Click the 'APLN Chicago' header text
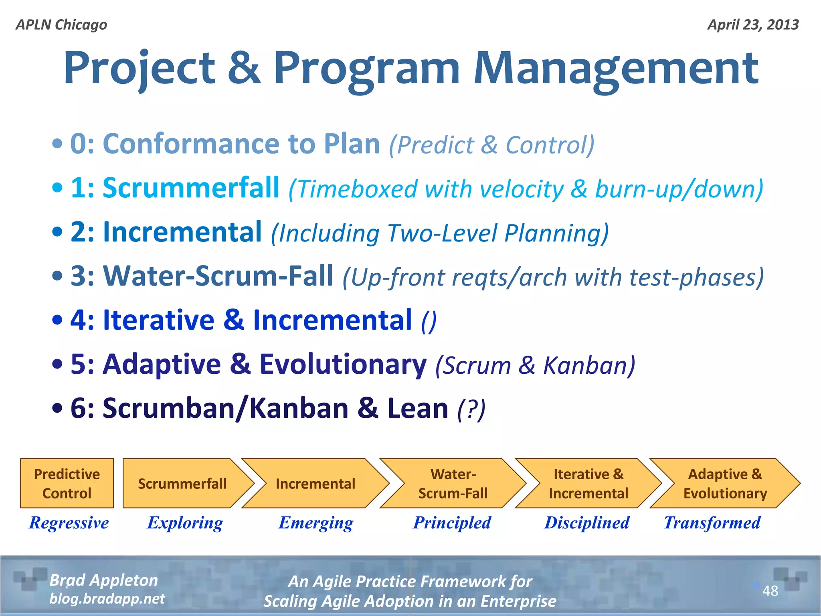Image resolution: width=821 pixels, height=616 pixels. tap(61, 25)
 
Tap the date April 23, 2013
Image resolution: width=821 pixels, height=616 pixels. tap(753, 25)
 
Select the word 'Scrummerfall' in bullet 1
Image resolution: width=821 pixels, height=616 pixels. tap(191, 188)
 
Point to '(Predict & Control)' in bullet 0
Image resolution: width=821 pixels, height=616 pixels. tap(491, 145)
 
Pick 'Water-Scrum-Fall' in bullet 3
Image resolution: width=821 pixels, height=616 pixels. tap(218, 276)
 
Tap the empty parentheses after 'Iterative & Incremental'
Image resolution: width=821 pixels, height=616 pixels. tap(429, 322)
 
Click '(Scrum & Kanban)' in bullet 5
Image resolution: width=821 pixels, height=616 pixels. tap(535, 366)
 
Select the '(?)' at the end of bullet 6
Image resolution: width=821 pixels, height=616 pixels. tap(471, 409)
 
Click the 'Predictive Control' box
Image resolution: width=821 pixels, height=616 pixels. tap(67, 483)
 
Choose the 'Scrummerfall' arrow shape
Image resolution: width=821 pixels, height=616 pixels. tap(182, 483)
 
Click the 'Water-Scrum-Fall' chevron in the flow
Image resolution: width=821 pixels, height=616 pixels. tap(453, 483)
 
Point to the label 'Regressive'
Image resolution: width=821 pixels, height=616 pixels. tap(69, 523)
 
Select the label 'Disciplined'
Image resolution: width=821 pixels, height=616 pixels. tap(586, 523)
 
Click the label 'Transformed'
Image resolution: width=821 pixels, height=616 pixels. tap(712, 523)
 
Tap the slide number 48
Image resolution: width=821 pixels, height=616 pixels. tap(770, 591)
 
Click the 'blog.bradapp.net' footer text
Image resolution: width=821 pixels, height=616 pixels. tap(107, 599)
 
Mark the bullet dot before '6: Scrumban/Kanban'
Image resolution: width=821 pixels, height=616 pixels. tap(57, 408)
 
